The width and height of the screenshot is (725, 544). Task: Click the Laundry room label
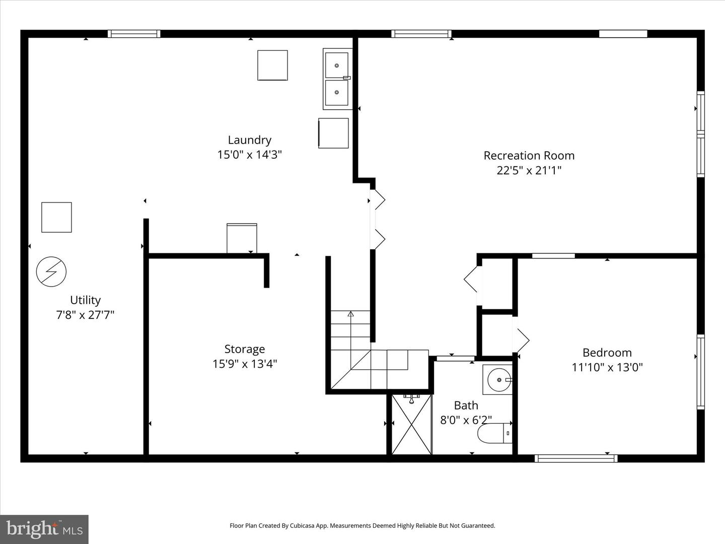coord(249,140)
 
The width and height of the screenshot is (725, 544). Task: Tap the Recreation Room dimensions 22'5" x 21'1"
coord(529,170)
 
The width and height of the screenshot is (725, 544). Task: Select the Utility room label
coord(85,300)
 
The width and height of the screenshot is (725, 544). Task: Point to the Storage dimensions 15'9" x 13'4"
coord(245,364)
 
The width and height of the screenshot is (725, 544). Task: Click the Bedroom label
coord(607,353)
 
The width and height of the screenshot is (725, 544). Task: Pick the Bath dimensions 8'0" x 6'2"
coord(466,420)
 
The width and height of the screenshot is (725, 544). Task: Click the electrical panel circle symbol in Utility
coord(51,271)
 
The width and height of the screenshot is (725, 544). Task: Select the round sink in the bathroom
coord(498,380)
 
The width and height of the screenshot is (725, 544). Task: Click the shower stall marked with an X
coord(411,425)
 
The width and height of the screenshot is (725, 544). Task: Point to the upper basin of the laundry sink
coord(337,65)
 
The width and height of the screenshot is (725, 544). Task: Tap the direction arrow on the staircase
coord(350,314)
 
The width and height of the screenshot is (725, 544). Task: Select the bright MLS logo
coord(44,529)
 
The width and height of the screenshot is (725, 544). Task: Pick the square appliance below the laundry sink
coord(333,133)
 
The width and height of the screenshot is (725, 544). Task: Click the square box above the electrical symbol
coord(56,217)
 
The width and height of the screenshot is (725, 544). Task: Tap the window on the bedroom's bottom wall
coord(576,458)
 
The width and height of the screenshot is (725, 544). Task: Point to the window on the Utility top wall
coord(134,34)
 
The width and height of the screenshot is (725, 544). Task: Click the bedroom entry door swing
coord(521,340)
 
